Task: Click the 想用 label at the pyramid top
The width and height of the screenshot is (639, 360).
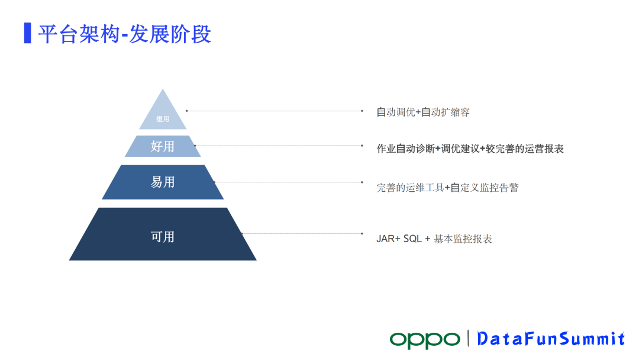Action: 163,119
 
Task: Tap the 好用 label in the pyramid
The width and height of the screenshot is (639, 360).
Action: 163,146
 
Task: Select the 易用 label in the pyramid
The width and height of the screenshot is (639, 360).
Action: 163,182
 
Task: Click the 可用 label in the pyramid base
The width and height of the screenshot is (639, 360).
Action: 163,237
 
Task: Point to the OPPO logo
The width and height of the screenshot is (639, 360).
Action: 425,340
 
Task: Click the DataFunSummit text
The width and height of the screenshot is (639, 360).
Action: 551,339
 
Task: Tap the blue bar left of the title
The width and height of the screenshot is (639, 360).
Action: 28,33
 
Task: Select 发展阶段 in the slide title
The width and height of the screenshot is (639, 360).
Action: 170,34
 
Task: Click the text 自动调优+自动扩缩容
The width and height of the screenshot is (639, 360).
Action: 423,112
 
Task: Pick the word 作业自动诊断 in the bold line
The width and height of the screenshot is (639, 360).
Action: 405,149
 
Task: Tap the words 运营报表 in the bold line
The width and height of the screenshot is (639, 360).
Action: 544,149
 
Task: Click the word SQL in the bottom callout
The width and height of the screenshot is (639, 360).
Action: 412,239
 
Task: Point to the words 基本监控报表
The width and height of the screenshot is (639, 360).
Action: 463,239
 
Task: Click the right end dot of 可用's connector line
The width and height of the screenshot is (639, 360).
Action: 362,234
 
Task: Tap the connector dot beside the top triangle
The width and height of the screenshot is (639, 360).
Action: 186,111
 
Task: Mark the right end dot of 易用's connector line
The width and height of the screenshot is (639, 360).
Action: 362,182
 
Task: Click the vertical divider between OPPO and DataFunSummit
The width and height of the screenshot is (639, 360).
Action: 468,339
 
